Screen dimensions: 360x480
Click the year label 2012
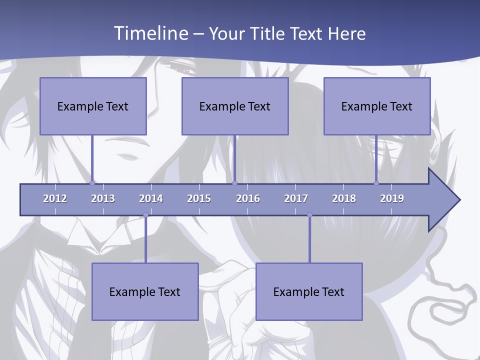pyautogui.click(x=55, y=198)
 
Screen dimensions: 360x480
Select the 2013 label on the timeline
pyautogui.click(x=103, y=198)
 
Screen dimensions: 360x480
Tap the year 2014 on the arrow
pyautogui.click(x=151, y=198)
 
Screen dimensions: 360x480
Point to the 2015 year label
pyautogui.click(x=199, y=198)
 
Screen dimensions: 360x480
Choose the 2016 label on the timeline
pyautogui.click(x=248, y=198)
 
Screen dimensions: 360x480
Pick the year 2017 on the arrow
pyautogui.click(x=296, y=198)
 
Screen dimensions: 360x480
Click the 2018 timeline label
pyautogui.click(x=344, y=198)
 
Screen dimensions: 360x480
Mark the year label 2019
pyautogui.click(x=392, y=198)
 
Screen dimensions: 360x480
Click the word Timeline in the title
pyautogui.click(x=149, y=33)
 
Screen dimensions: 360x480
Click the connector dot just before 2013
pyautogui.click(x=92, y=183)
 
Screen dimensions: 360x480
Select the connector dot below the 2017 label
pyautogui.click(x=309, y=215)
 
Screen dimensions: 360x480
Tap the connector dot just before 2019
pyautogui.click(x=376, y=183)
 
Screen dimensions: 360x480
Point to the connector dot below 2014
pyautogui.click(x=145, y=215)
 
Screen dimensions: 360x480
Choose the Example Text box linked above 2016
pyautogui.click(x=235, y=106)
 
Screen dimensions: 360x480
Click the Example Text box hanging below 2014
pyautogui.click(x=145, y=291)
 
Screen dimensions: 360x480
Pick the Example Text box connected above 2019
pyautogui.click(x=377, y=106)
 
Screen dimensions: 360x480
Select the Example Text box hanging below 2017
pyautogui.click(x=309, y=291)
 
